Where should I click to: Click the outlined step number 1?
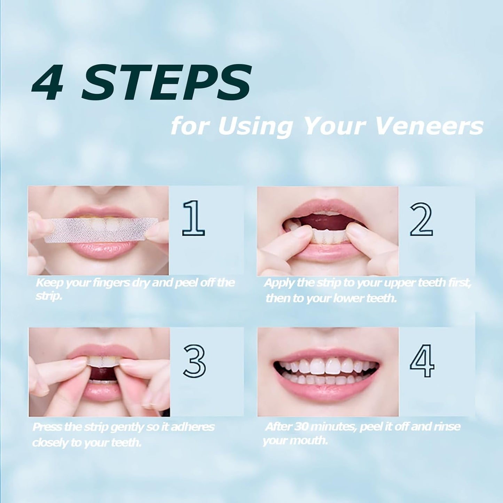(x=193, y=218)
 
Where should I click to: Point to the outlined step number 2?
(x=421, y=219)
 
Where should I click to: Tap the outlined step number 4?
(x=422, y=361)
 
